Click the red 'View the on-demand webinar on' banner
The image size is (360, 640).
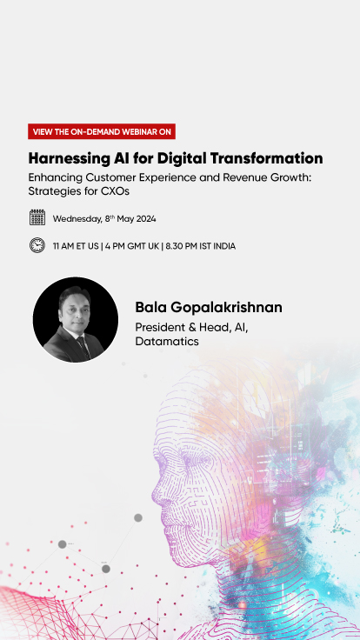point(101,131)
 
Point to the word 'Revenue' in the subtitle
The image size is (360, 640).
point(211,177)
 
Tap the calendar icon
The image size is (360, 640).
point(37,217)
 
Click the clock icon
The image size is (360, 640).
point(37,245)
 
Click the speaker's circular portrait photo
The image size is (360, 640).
point(76,319)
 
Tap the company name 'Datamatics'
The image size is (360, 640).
point(167,342)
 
